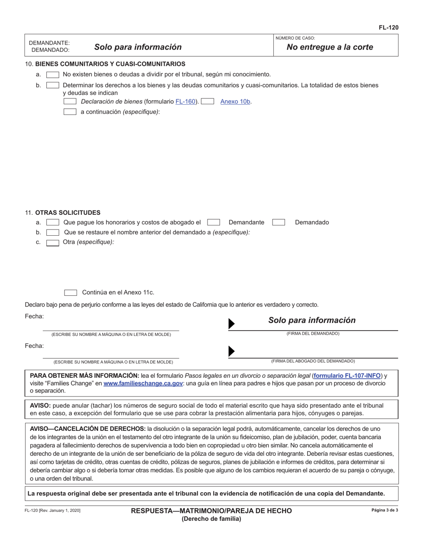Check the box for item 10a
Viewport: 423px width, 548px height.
tap(53, 75)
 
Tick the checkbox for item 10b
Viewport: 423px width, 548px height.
tap(53, 85)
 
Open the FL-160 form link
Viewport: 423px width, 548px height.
tap(185, 102)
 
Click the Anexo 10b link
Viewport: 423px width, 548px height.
tap(236, 102)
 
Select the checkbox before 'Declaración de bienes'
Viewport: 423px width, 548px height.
tap(70, 102)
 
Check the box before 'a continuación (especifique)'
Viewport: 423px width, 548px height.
tap(70, 112)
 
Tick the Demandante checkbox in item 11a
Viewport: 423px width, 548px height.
tap(214, 222)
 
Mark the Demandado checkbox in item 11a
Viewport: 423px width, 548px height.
tap(279, 222)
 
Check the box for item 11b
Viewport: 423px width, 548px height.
tap(53, 233)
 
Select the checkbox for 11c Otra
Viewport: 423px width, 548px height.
tap(53, 242)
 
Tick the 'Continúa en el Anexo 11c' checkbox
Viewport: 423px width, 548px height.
tap(71, 293)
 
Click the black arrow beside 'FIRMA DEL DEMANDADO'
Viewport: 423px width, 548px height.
tap(231, 324)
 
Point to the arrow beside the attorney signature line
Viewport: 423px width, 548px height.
tap(231, 351)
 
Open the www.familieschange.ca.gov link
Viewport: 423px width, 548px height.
tap(143, 383)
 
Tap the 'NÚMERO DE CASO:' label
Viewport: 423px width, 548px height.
tap(295, 38)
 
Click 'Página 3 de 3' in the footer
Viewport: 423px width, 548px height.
tap(385, 510)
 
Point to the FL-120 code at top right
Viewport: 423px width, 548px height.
tap(388, 28)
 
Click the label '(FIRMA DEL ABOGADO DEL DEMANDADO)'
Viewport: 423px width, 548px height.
tap(313, 361)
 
